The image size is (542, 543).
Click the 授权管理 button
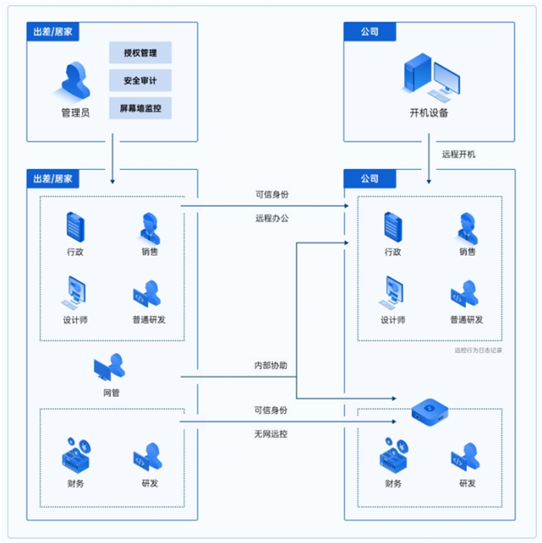coord(140,53)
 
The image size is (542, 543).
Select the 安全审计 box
coord(140,81)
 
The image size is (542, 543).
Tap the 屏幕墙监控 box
coord(140,108)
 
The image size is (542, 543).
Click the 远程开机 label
coord(459,154)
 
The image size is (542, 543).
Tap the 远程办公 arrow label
coord(272,219)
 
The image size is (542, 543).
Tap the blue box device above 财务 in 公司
coord(429,408)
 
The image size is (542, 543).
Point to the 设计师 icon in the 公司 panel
coord(393,291)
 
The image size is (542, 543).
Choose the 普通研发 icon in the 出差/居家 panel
coord(149,292)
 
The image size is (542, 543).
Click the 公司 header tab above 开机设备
coord(369,32)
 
